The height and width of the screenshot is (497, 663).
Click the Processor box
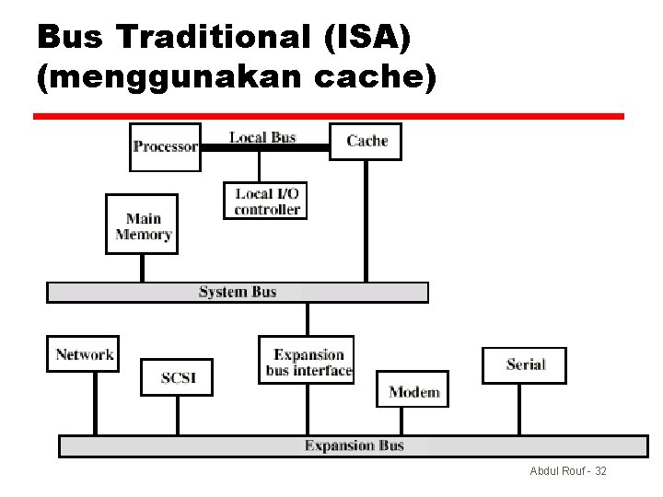165,146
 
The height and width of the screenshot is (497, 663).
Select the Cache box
366,141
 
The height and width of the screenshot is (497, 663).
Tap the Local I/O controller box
266,201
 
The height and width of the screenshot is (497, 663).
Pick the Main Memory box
143,225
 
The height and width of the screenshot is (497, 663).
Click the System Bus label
238,292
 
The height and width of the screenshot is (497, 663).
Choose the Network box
84,354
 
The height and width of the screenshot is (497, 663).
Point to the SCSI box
176,377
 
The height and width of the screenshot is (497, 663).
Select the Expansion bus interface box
308,363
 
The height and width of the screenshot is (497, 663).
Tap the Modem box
413,391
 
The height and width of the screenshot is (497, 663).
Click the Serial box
525,364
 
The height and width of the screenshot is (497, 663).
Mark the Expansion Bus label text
355,445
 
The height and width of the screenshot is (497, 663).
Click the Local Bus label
262,137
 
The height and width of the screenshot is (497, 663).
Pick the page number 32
600,471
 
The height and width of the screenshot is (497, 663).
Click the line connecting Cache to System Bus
366,221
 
